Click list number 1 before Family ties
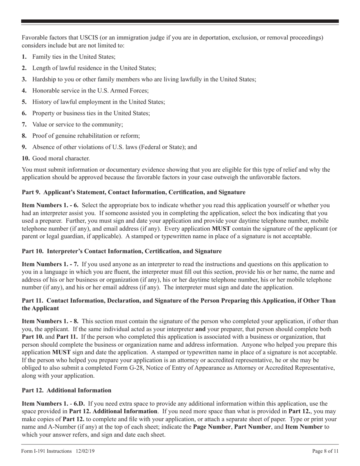pyautogui.click(x=24, y=57)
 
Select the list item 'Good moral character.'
pyautogui.click(x=61, y=158)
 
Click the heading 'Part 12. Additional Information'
pyautogui.click(x=67, y=390)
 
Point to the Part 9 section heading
pyautogui.click(x=133, y=192)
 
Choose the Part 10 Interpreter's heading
pyautogui.click(x=122, y=251)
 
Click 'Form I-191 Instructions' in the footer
pyautogui.click(x=47, y=451)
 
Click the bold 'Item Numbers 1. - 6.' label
pyautogui.click(x=50, y=205)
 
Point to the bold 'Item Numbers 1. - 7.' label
pyautogui.click(x=50, y=264)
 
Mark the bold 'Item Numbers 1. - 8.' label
pyautogui.click(x=50, y=321)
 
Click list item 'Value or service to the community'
pyautogui.click(x=78, y=124)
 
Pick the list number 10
pyautogui.click(x=25, y=158)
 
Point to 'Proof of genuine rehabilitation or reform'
pyautogui.click(x=86, y=136)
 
